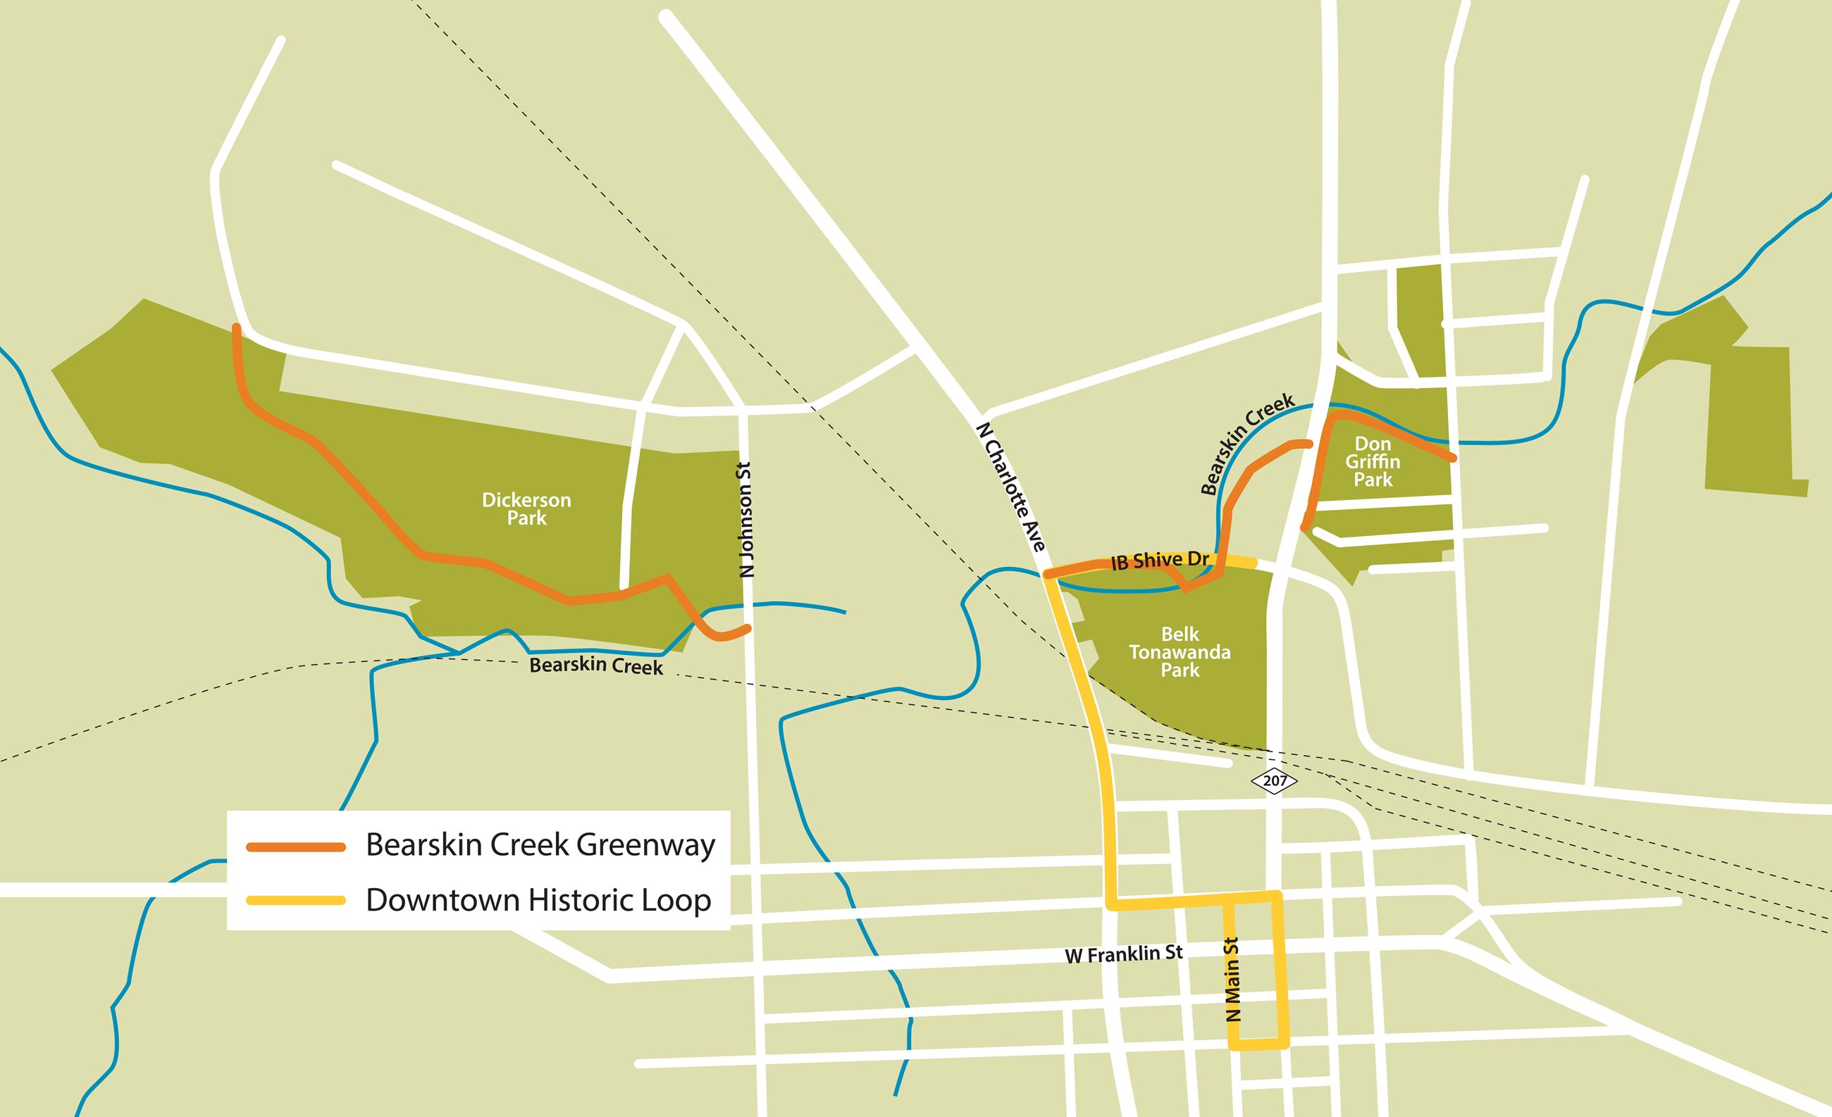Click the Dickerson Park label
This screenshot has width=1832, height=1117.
click(x=526, y=509)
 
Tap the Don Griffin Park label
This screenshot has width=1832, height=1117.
click(x=1373, y=461)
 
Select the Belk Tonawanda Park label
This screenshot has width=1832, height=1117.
click(x=1180, y=651)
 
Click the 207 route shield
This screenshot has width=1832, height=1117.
click(x=1275, y=781)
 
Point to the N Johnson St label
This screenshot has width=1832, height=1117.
click(x=746, y=520)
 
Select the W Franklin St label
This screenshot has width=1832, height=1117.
click(x=1123, y=954)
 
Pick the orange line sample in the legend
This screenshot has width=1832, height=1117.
click(x=296, y=847)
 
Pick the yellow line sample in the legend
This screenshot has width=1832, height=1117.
click(x=296, y=901)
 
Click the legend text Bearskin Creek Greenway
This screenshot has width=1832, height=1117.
click(x=540, y=846)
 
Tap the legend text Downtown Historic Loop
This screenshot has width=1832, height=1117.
click(x=538, y=901)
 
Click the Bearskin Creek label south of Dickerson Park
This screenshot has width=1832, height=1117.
click(x=595, y=666)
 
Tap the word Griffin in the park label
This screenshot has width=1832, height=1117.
click(x=1373, y=461)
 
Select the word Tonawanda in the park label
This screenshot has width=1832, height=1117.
click(x=1180, y=652)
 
